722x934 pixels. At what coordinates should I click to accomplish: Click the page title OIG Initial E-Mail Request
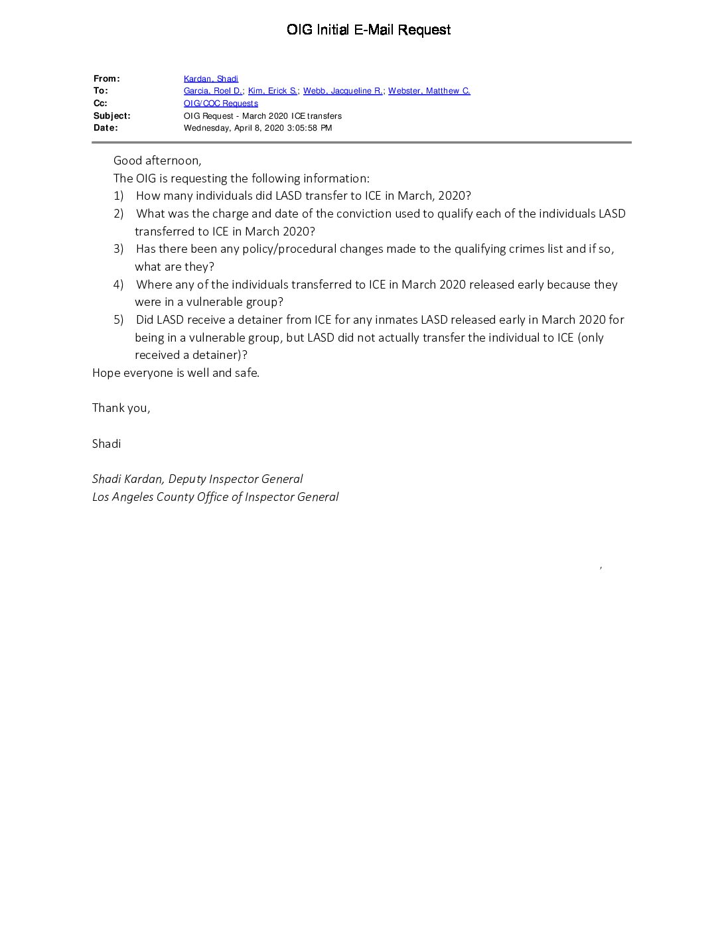click(368, 30)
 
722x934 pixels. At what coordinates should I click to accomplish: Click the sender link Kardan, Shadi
click(210, 79)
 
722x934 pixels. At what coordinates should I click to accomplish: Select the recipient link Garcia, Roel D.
click(212, 91)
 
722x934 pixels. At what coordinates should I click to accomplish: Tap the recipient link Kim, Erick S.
click(272, 91)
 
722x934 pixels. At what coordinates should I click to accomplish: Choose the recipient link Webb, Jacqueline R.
click(342, 91)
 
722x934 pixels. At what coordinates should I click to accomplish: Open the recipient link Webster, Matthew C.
click(429, 91)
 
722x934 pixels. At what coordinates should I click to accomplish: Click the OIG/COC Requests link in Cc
click(220, 103)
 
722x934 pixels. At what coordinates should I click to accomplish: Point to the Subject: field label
click(111, 116)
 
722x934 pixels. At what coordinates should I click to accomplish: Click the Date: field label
click(106, 128)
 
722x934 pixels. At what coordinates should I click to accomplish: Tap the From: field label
click(106, 79)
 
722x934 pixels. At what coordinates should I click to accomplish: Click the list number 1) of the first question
click(118, 196)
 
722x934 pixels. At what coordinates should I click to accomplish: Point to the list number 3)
click(118, 249)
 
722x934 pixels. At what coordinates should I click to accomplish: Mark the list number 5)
click(118, 320)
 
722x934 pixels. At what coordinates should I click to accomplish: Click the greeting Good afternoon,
click(157, 161)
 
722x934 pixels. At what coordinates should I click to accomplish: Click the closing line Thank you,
click(121, 408)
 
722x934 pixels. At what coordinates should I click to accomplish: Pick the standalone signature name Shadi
click(106, 444)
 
